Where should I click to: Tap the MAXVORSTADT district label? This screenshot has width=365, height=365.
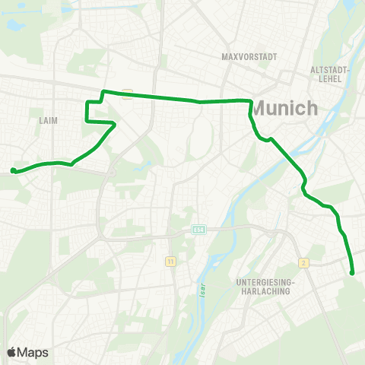249,57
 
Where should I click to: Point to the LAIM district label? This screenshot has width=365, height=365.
48,120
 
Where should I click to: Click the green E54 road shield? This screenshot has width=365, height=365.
199,229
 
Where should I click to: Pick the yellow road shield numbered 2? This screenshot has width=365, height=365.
304,263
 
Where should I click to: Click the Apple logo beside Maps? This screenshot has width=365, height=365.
11,352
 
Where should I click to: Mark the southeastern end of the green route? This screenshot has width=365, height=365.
352,272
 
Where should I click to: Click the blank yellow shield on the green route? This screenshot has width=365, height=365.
129,94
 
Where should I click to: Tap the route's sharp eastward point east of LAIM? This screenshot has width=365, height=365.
115,123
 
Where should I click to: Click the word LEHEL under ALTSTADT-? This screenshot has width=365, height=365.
330,78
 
